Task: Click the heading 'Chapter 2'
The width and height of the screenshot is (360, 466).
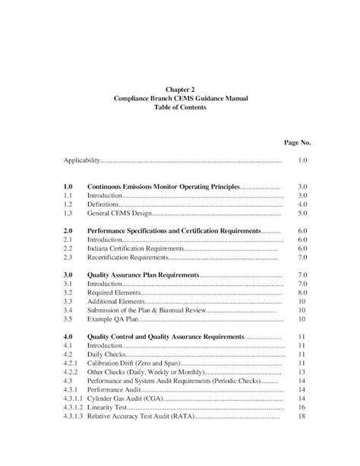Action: (180, 89)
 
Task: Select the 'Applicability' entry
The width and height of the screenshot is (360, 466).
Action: (81, 161)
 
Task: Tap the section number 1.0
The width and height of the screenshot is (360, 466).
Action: (68, 186)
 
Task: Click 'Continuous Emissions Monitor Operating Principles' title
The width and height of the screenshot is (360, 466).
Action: (163, 186)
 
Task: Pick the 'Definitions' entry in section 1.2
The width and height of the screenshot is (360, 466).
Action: (105, 204)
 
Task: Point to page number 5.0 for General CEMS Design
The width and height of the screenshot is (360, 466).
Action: (302, 214)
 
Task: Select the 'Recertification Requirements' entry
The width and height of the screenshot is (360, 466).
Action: (128, 258)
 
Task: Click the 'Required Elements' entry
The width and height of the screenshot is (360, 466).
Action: (114, 292)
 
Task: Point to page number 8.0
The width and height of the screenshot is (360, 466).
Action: (302, 292)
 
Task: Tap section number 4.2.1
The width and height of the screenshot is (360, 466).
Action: (71, 363)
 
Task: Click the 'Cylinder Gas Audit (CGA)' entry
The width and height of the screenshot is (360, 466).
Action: (126, 398)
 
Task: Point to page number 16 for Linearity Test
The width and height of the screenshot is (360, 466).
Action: (302, 407)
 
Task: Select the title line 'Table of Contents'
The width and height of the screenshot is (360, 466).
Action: (180, 107)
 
